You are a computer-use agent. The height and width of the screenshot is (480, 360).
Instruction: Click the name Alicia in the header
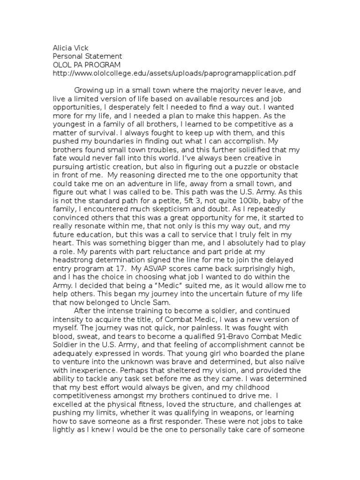tap(62, 48)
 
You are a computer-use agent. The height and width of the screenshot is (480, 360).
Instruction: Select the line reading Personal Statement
tap(86, 57)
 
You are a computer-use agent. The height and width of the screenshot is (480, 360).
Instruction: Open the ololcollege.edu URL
tap(174, 74)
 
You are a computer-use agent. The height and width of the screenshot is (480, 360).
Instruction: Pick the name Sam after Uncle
tap(162, 303)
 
